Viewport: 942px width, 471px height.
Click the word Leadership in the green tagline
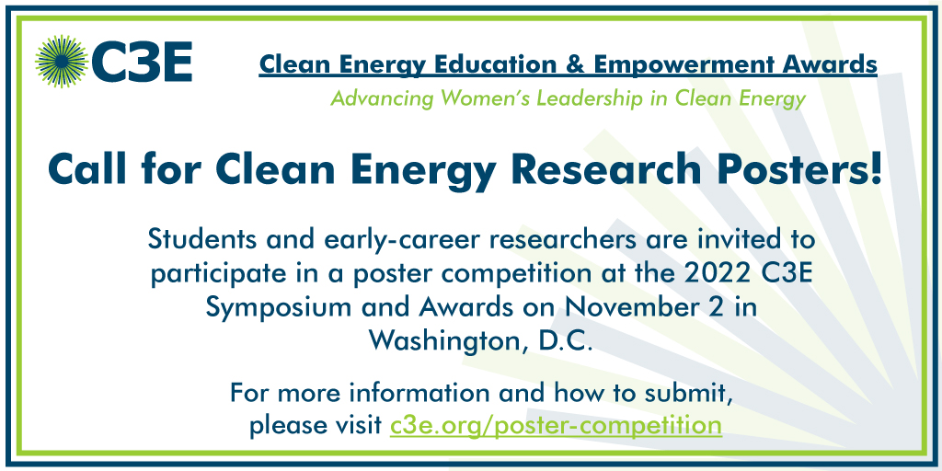pyautogui.click(x=590, y=98)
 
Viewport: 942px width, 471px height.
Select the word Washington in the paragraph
pyautogui.click(x=442, y=340)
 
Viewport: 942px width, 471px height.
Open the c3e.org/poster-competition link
pyautogui.click(x=555, y=426)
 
